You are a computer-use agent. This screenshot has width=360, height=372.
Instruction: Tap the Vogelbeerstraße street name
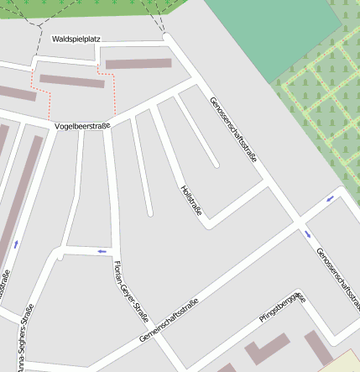81,126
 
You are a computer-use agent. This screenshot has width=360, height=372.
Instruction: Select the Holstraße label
191,202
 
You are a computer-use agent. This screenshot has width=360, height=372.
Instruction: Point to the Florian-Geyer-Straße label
130,293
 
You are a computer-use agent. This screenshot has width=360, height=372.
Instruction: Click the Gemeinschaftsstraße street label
169,321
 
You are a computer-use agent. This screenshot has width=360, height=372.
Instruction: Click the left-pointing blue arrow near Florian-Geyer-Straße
102,250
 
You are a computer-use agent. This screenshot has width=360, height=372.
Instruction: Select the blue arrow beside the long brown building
16,244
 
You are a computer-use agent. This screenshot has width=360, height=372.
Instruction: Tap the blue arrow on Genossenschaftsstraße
307,233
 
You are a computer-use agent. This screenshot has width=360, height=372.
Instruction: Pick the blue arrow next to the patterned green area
330,198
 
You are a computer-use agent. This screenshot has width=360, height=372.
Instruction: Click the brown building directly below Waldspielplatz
138,63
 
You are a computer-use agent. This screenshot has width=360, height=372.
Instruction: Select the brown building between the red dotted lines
72,81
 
